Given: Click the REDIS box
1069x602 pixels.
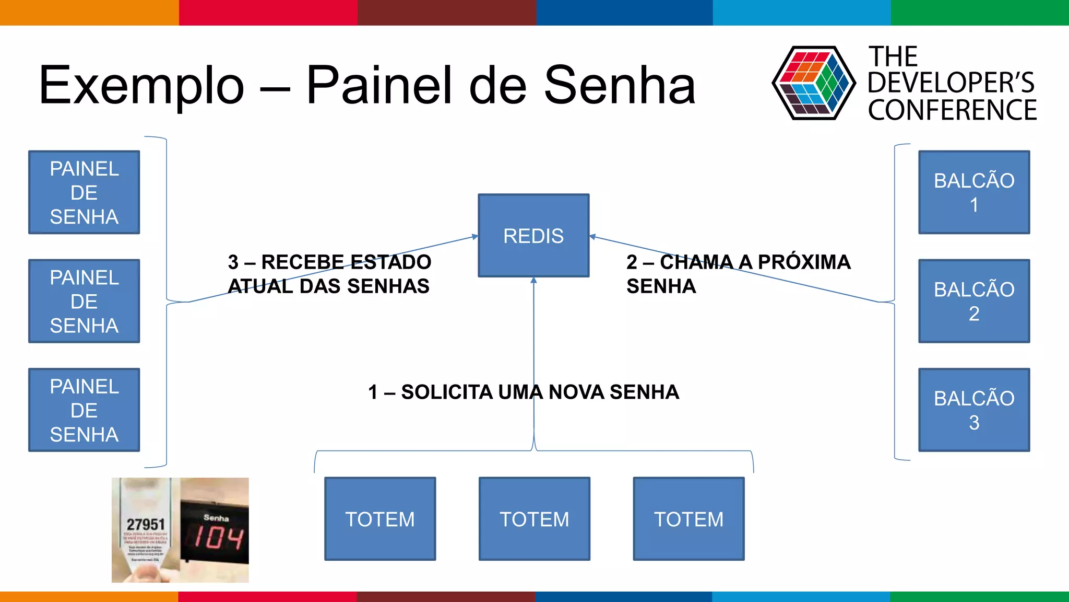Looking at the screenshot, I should [x=533, y=235].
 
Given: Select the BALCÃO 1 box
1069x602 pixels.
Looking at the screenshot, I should [x=974, y=192].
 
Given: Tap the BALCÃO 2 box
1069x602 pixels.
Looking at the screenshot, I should [x=974, y=301].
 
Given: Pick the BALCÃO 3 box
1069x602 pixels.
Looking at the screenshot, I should [x=974, y=410].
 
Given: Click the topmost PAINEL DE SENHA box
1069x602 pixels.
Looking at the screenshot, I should [x=84, y=192].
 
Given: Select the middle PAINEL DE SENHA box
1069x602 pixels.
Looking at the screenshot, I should [x=84, y=301].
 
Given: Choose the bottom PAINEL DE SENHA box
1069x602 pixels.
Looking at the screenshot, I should [x=84, y=410].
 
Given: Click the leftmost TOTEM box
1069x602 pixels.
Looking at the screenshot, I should [x=380, y=519].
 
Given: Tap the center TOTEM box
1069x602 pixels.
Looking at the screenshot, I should [x=534, y=519].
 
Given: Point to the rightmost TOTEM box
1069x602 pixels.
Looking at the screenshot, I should [x=688, y=519].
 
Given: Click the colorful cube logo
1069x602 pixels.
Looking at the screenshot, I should [x=813, y=83].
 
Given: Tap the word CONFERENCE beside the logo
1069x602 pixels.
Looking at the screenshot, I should [x=952, y=110].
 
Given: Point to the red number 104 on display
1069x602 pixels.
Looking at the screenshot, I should [x=218, y=538].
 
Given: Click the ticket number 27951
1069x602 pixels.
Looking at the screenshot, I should [x=146, y=524].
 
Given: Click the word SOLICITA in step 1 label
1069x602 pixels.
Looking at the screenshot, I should [x=446, y=392].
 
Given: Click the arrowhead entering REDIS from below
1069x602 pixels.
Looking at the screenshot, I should [x=533, y=281].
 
